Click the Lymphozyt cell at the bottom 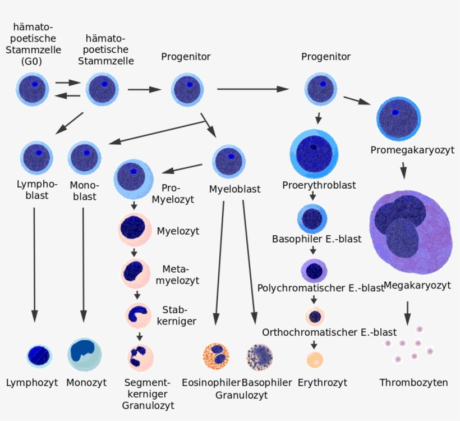click(x=39, y=355)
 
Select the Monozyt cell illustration click(x=85, y=354)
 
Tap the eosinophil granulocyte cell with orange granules click(x=215, y=355)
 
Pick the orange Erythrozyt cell click(x=315, y=359)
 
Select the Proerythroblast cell click(x=314, y=153)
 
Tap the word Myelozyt click(x=178, y=231)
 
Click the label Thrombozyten click(x=413, y=383)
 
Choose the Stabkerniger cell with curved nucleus click(x=138, y=315)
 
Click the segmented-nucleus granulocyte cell click(x=138, y=356)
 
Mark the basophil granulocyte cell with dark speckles click(x=260, y=355)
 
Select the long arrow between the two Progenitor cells click(x=252, y=89)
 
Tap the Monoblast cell click(x=85, y=157)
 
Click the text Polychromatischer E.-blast click(x=320, y=288)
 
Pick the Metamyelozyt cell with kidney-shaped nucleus click(x=135, y=272)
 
